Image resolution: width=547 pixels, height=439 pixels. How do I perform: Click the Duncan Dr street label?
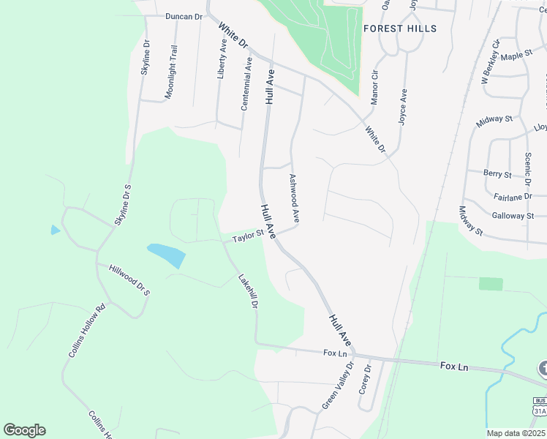click(183, 16)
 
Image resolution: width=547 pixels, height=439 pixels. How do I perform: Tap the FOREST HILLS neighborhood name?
click(400, 29)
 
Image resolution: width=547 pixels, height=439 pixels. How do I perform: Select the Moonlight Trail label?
click(170, 72)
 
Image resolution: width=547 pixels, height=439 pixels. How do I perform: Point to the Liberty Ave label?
click(222, 59)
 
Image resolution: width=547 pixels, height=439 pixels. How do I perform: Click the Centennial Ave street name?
click(246, 84)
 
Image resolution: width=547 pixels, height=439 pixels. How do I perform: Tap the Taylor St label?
click(248, 237)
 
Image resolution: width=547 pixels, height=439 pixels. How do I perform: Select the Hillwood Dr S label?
click(129, 280)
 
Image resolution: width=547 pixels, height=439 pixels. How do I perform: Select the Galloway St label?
click(513, 216)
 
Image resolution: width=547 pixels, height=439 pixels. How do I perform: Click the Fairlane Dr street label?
click(513, 197)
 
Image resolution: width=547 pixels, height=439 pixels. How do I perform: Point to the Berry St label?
click(497, 173)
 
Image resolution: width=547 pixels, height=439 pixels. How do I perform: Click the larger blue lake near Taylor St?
click(167, 255)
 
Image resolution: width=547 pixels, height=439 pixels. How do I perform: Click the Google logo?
click(24, 430)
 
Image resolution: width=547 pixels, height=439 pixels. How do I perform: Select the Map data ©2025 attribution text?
click(516, 433)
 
